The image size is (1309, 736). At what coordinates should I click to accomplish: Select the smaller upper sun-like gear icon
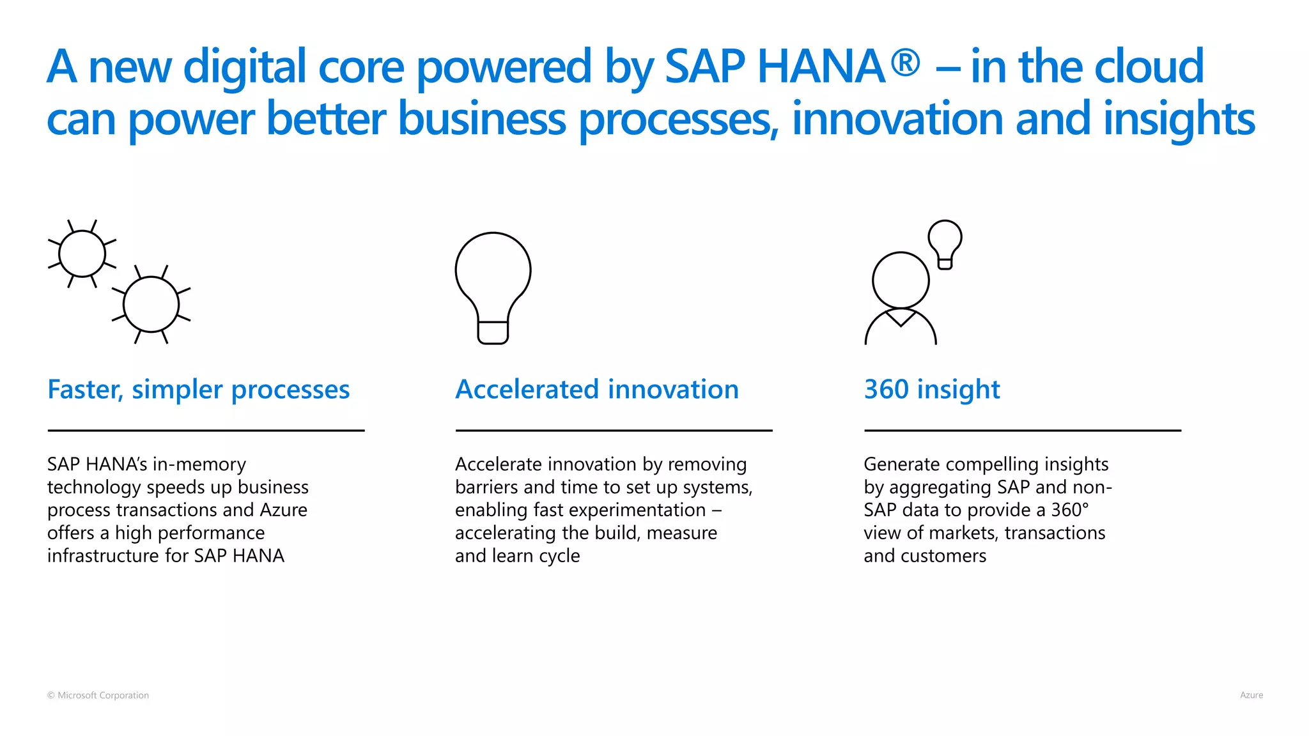tap(82, 254)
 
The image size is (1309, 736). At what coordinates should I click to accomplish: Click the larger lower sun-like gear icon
tap(151, 304)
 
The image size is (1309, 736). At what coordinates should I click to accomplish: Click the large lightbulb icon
tap(493, 287)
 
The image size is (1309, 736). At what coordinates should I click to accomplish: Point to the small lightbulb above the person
tap(945, 243)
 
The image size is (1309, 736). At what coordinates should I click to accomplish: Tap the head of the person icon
tap(901, 280)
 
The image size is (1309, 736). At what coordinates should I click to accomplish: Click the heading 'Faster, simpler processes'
tap(198, 389)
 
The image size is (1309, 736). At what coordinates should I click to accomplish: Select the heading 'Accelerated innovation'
tap(596, 389)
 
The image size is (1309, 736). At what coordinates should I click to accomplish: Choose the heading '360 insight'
tap(931, 389)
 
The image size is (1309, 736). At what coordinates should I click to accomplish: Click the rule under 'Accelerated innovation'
tap(614, 431)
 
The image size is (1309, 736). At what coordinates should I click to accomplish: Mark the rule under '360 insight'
tap(1022, 431)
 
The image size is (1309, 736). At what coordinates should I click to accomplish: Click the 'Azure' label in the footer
tap(1251, 695)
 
